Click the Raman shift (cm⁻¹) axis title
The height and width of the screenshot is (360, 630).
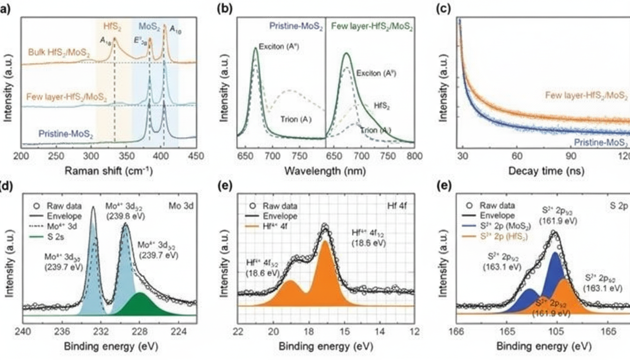pos(109,171)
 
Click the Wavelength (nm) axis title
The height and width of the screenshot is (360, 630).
pos(326,171)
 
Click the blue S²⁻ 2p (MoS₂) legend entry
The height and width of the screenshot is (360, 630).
pos(511,226)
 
